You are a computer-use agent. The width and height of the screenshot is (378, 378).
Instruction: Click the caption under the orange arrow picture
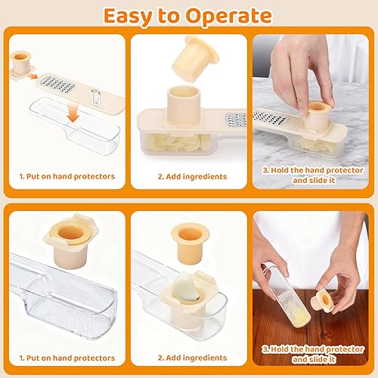click(67, 176)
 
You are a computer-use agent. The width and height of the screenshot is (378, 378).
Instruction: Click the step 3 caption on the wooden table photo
click(312, 353)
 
